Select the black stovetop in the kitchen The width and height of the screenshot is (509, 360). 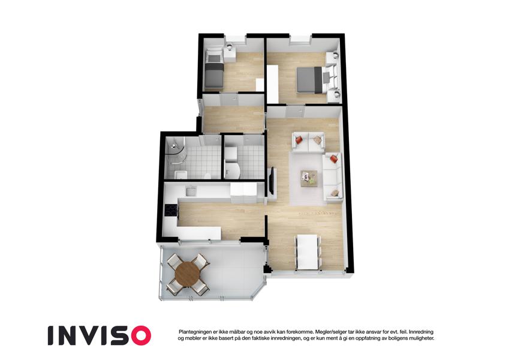click(171, 211)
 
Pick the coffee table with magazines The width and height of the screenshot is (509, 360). click(309, 178)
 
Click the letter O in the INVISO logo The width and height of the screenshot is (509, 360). click(139, 335)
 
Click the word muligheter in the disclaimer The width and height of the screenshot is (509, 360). click(418, 338)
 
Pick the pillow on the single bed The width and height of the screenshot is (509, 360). click(213, 58)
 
